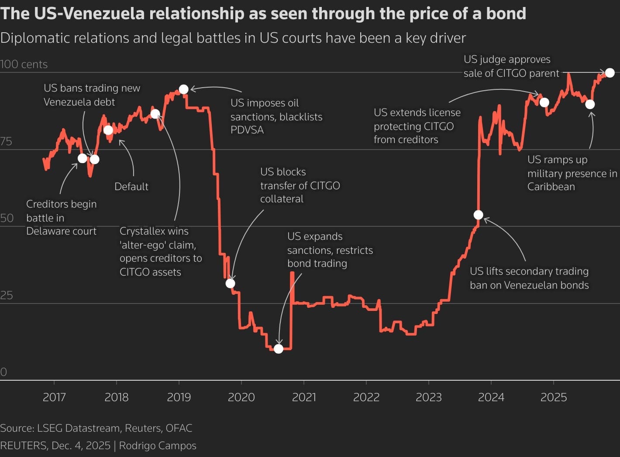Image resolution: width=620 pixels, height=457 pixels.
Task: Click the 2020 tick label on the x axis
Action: tap(241, 397)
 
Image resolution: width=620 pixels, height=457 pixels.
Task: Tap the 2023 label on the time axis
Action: tap(428, 397)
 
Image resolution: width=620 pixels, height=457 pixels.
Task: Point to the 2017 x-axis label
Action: tap(54, 397)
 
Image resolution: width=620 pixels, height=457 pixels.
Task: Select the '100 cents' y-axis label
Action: tap(24, 64)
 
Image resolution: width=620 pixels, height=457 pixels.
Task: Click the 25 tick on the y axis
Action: tap(7, 295)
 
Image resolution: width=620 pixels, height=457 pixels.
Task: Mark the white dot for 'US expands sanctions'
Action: tap(279, 349)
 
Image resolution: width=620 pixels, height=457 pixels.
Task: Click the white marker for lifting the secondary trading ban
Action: tap(479, 215)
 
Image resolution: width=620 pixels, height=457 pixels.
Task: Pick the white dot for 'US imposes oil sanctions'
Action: tap(184, 89)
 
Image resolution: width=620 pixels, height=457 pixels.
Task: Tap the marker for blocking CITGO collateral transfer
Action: tap(231, 283)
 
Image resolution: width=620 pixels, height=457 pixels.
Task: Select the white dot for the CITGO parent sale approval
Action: tap(610, 73)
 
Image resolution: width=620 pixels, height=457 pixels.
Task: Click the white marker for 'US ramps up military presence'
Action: tap(590, 104)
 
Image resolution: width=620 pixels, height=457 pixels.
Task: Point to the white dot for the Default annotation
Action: tap(108, 130)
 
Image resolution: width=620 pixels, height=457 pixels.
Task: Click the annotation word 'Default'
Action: tap(131, 187)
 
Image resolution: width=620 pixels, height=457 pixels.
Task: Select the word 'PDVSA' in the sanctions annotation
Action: tap(247, 130)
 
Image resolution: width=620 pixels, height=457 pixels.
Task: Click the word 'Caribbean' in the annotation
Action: tap(551, 187)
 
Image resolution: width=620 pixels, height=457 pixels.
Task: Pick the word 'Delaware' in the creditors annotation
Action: tap(46, 231)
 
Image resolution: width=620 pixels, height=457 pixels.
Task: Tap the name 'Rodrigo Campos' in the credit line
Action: tap(158, 446)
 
